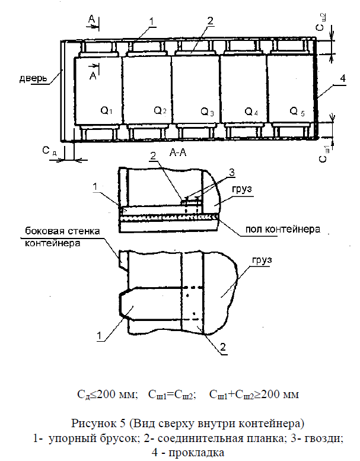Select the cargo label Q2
pos(160,110)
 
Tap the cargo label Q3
pos(207,111)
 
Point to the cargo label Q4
pos(251,111)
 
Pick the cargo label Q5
pos(297,110)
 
